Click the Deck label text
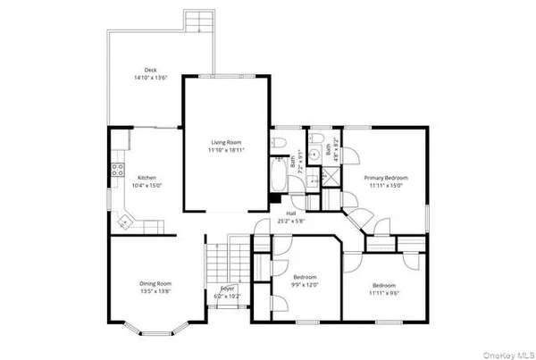point(151,70)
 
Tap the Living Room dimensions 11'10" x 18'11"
point(226,150)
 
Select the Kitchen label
point(147,177)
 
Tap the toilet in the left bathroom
point(281,143)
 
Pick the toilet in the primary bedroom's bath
point(317,141)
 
